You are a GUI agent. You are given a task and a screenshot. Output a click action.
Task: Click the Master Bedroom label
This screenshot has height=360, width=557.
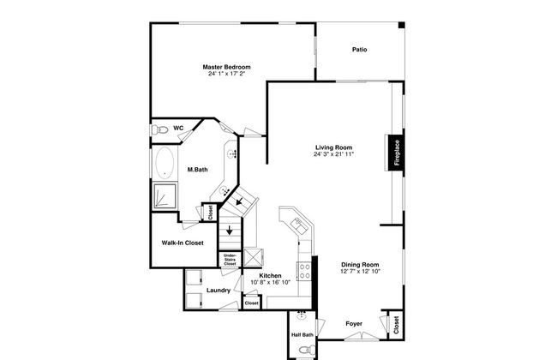click(226, 67)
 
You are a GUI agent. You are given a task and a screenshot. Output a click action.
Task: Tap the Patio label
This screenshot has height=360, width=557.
click(360, 50)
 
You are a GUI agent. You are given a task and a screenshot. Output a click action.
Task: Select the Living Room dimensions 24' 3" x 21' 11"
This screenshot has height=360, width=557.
click(333, 154)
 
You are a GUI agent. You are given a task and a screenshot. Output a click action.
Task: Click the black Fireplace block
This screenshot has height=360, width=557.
click(396, 153)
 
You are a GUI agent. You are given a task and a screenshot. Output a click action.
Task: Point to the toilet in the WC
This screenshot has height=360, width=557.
click(159, 129)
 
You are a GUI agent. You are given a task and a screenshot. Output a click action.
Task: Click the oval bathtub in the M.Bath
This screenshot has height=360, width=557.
click(165, 162)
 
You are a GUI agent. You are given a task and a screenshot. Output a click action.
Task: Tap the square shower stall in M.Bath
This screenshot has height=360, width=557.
click(165, 195)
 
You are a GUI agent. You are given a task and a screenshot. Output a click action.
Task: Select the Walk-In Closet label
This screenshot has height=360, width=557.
click(183, 243)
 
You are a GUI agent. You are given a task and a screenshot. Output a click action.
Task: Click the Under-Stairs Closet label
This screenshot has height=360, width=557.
click(230, 260)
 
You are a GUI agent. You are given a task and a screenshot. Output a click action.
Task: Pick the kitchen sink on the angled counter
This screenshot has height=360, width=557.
click(299, 226)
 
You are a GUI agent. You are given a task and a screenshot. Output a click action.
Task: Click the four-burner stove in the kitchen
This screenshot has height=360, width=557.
click(304, 271)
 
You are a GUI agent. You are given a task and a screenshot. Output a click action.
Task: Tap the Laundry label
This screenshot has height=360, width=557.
click(219, 291)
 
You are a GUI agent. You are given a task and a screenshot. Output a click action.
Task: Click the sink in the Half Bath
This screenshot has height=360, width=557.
click(302, 315)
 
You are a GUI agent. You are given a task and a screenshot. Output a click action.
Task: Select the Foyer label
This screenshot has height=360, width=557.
click(354, 324)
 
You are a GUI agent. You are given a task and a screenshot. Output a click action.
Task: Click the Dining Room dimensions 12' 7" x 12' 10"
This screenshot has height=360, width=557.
click(360, 272)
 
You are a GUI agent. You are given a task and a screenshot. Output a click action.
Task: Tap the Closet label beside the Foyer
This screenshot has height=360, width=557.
click(397, 325)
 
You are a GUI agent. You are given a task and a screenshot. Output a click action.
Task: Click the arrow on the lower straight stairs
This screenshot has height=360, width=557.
click(230, 230)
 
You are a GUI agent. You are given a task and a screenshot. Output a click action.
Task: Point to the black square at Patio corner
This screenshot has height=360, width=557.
click(401, 25)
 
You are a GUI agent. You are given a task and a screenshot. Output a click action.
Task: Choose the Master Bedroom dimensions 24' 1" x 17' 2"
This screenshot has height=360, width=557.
click(226, 74)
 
